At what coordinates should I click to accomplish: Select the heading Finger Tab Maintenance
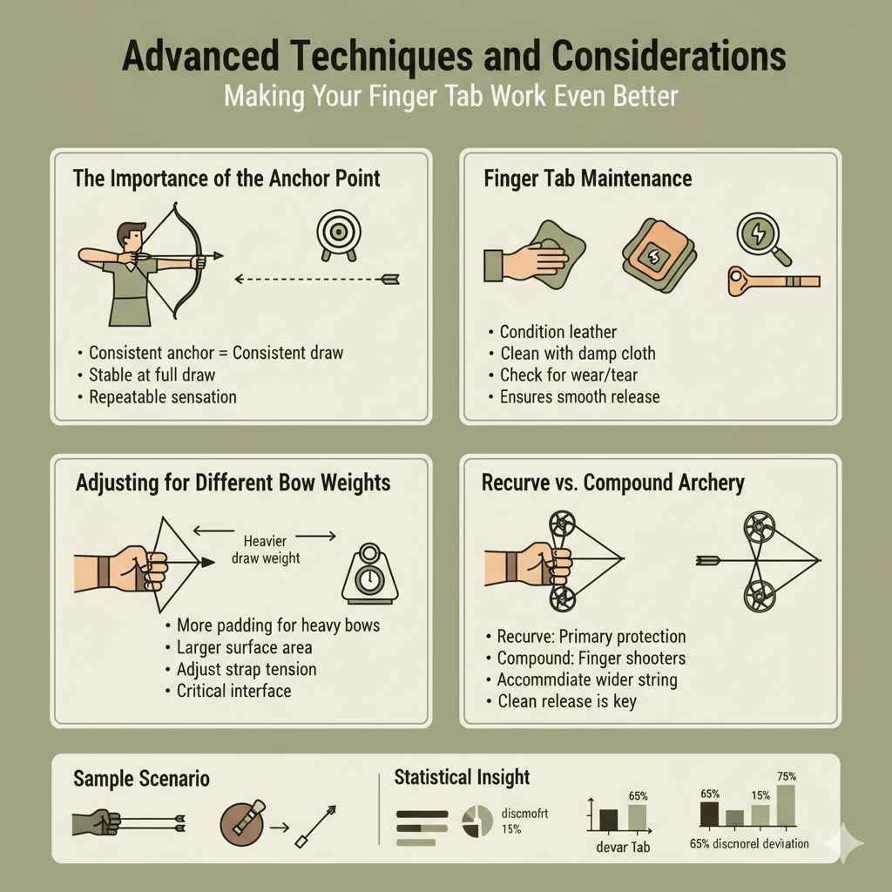click(587, 179)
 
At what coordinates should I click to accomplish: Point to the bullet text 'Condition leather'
click(557, 332)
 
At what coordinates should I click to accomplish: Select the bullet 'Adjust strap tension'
click(246, 670)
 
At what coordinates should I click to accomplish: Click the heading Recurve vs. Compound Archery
click(612, 483)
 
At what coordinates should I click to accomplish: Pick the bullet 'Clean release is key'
click(566, 701)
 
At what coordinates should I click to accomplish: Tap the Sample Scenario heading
click(141, 778)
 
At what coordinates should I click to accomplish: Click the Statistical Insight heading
click(462, 777)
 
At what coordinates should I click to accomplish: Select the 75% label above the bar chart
click(786, 776)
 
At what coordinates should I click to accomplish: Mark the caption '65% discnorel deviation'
click(749, 843)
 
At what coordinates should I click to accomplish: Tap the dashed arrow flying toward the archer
click(317, 280)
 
